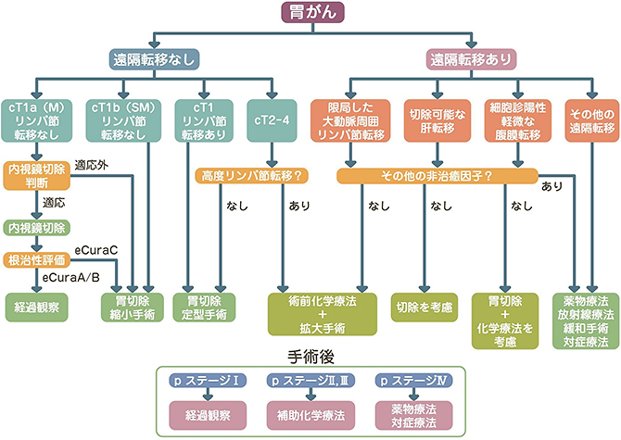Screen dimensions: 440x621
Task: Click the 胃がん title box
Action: (x=310, y=13)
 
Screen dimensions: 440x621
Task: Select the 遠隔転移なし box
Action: (x=153, y=57)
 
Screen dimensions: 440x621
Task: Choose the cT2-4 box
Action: (x=273, y=120)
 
